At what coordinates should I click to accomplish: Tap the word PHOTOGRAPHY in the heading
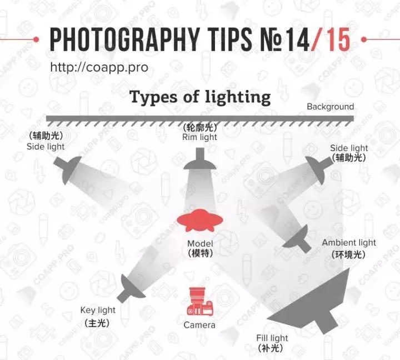(125, 39)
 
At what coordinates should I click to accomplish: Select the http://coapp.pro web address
(99, 68)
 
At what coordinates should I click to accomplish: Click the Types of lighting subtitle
(200, 97)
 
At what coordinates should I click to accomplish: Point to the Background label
(331, 107)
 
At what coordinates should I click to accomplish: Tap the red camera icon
(200, 301)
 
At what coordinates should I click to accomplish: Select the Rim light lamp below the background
(200, 159)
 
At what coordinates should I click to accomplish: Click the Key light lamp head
(131, 288)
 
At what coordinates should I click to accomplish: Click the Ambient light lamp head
(298, 238)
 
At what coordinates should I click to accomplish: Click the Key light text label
(98, 310)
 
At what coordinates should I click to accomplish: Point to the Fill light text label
(272, 338)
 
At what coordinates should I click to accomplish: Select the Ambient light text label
(349, 243)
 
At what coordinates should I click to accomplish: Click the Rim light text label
(199, 137)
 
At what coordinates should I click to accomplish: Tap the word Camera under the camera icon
(199, 325)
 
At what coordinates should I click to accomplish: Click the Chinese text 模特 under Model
(200, 253)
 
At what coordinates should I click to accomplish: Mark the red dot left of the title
(36, 39)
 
